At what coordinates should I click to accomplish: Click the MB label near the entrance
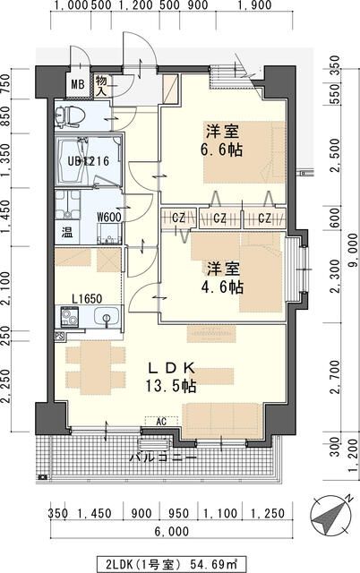click(78, 87)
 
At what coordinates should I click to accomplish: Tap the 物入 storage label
click(102, 85)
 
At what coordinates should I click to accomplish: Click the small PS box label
click(59, 337)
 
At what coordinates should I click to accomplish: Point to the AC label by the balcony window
click(162, 420)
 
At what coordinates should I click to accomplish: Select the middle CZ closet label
click(220, 218)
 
